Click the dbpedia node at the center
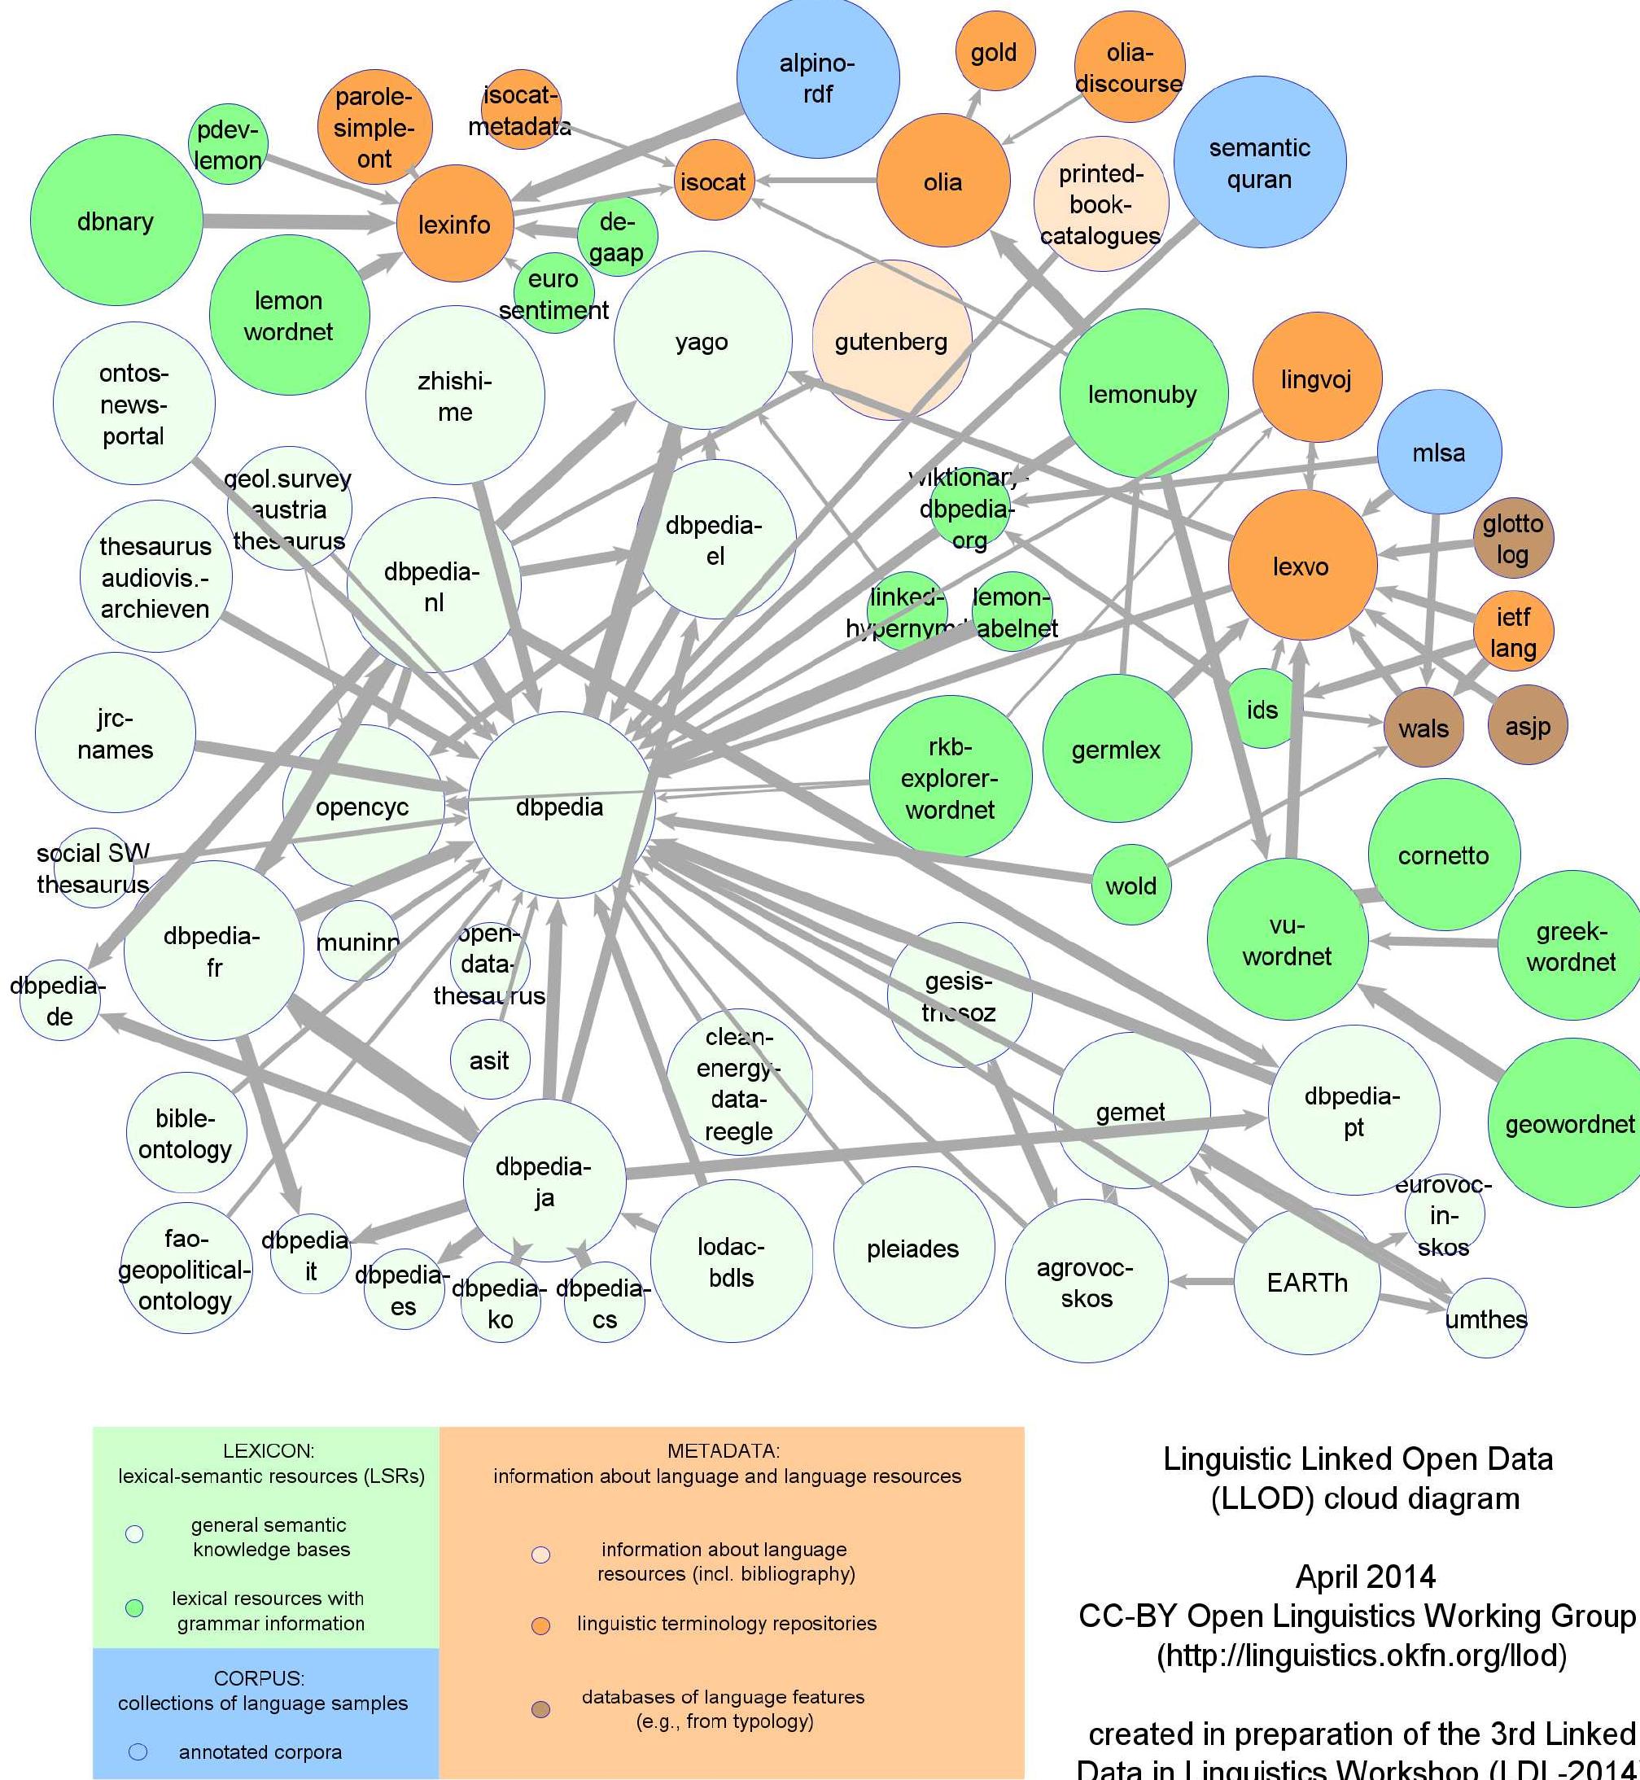(x=561, y=805)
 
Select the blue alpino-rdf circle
(x=817, y=78)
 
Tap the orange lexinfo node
(x=454, y=224)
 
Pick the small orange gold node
(x=994, y=51)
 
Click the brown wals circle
(x=1424, y=727)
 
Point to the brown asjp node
(x=1528, y=725)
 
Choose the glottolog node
(x=1512, y=537)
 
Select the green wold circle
(x=1131, y=884)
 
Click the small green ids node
(x=1262, y=709)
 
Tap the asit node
(x=489, y=1059)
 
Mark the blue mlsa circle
(x=1438, y=452)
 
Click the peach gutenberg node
(x=891, y=341)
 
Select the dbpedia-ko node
(x=501, y=1301)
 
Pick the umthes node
(x=1485, y=1318)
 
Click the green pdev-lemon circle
(x=228, y=144)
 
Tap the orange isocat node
(x=713, y=181)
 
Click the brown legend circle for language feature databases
(x=540, y=1708)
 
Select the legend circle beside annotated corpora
(x=138, y=1751)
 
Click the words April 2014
(x=1365, y=1576)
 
